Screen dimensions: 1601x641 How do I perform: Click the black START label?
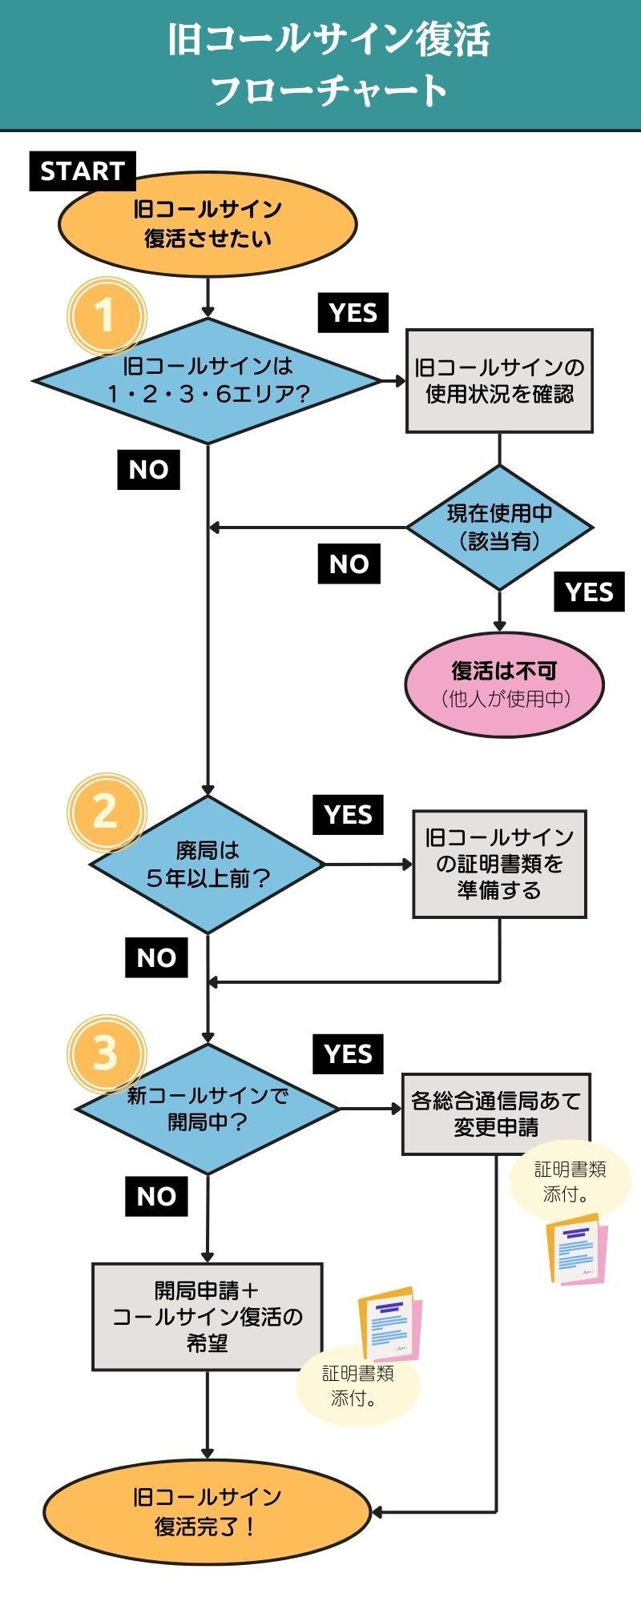[x=83, y=171]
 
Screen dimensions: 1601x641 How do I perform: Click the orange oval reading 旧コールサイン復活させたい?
[x=208, y=224]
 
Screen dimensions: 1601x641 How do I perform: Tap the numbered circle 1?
[x=105, y=315]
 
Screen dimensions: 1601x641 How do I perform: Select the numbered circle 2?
[x=105, y=812]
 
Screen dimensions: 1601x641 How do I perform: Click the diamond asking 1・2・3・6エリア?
[x=208, y=380]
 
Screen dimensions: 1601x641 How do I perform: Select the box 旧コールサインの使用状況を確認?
[x=499, y=381]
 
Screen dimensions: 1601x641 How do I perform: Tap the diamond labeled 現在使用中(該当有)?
[x=499, y=528]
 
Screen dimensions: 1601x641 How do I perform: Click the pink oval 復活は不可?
[x=504, y=684]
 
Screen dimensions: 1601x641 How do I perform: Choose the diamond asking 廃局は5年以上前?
[x=208, y=865]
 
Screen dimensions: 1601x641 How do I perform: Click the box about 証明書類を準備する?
[x=499, y=864]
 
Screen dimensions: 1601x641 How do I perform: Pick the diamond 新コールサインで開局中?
[x=208, y=1109]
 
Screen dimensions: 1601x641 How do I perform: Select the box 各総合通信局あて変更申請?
[x=496, y=1113]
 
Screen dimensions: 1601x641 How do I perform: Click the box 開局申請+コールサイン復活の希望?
[x=208, y=1317]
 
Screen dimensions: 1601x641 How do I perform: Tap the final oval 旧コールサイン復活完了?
[x=208, y=1512]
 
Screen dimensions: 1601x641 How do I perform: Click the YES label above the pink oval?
[x=589, y=592]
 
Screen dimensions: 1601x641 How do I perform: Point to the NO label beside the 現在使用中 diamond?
[x=349, y=564]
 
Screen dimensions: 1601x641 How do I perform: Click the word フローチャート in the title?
[x=329, y=90]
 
